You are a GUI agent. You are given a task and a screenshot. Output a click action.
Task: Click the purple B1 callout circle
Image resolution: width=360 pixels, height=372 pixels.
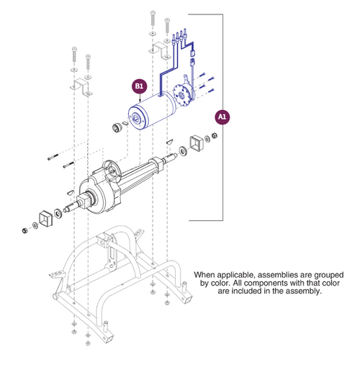click(139, 87)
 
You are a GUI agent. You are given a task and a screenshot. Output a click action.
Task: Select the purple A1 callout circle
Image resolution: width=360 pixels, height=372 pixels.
click(222, 116)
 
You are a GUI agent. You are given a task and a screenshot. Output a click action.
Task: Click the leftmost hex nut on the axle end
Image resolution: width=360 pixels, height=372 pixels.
click(25, 230)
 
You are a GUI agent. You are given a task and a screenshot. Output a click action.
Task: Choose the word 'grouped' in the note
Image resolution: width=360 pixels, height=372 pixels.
click(325, 275)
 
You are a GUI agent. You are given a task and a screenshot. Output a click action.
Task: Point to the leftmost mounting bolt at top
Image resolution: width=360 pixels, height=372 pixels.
click(74, 54)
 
